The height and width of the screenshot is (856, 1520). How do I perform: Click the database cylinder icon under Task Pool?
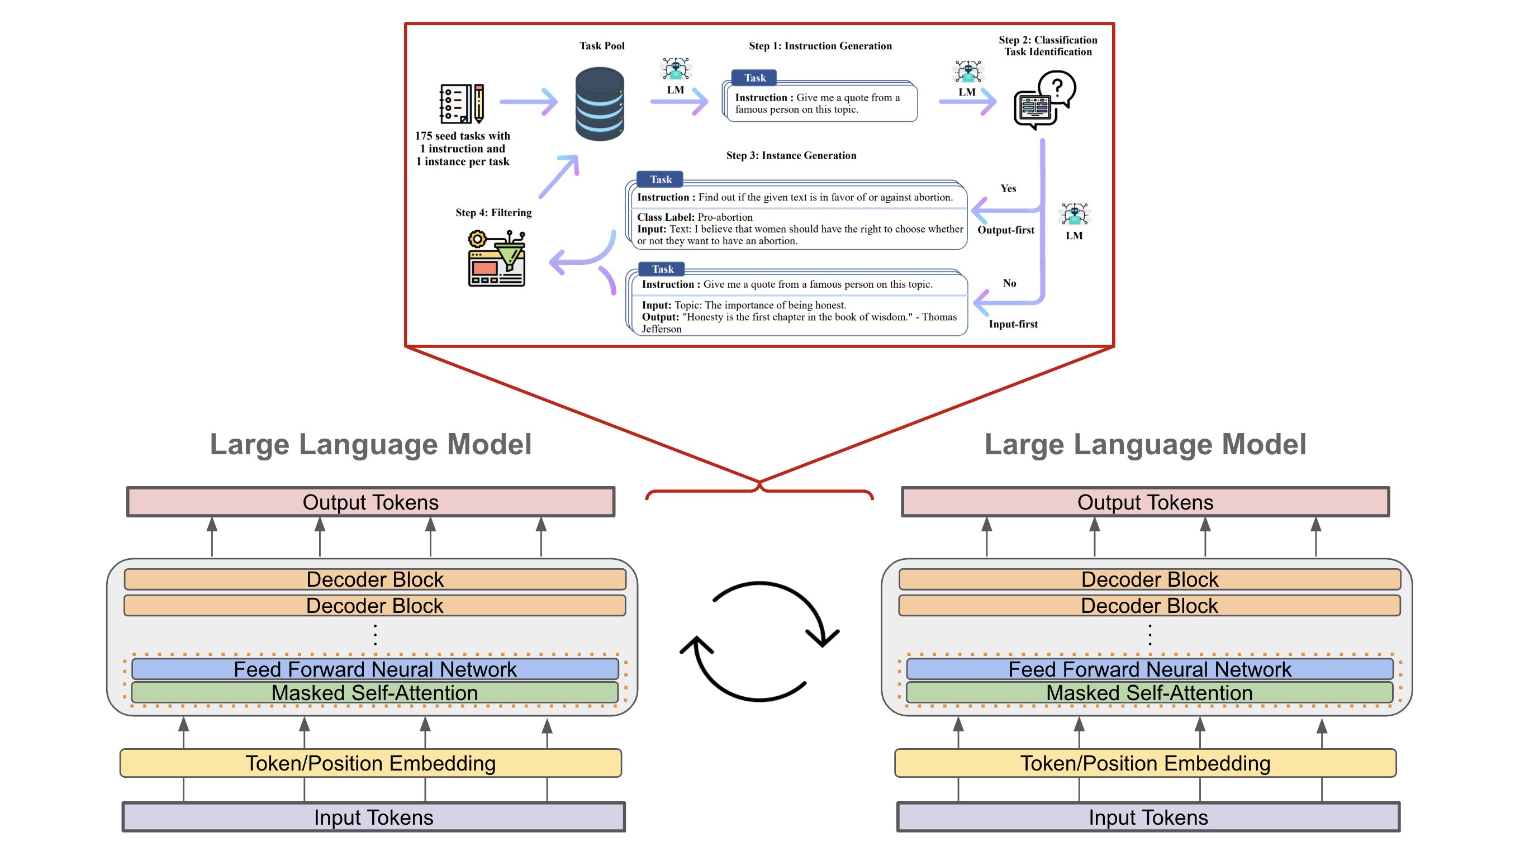pos(600,104)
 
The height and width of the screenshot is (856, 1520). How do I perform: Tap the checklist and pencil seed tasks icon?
pos(462,103)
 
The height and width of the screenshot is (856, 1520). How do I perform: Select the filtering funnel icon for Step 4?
pos(496,258)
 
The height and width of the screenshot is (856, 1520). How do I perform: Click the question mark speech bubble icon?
pos(1044,99)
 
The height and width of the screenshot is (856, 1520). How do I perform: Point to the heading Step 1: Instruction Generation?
pos(820,46)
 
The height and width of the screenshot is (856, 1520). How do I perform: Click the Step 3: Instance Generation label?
pos(791,155)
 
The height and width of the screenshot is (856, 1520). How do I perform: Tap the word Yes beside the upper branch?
pos(1008,188)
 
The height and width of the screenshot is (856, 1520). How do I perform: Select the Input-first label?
pos(1013,324)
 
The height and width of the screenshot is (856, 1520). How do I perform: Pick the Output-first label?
pos(1005,230)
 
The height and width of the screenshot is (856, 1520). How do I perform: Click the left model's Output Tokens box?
pos(370,502)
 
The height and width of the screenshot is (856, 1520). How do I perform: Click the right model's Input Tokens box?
pos(1148,817)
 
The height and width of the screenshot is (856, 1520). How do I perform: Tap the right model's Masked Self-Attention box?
pos(1149,693)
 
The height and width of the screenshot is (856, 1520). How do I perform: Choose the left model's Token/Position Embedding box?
pos(370,763)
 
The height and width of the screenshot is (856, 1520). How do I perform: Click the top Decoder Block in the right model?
pos(1149,579)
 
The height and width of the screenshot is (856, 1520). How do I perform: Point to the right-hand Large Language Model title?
pos(1144,444)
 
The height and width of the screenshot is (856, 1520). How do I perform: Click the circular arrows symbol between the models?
pos(759,642)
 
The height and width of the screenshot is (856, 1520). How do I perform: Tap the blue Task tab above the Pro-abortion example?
pos(661,179)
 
